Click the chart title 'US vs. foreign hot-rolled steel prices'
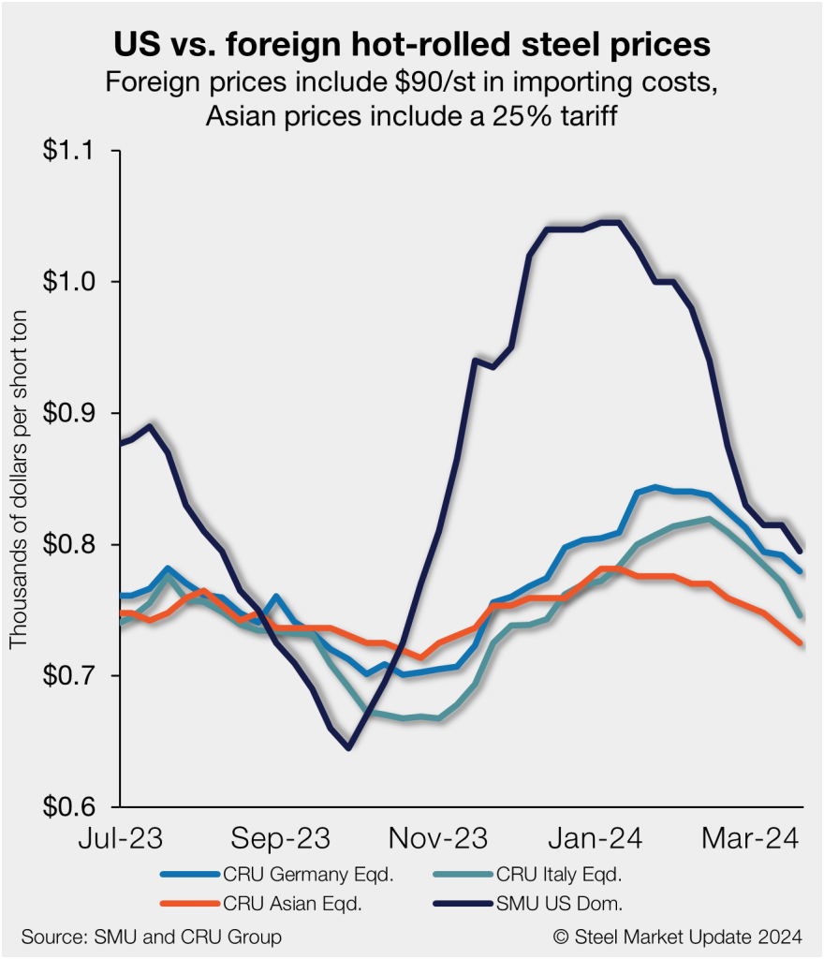(412, 45)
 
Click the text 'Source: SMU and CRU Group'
(151, 937)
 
